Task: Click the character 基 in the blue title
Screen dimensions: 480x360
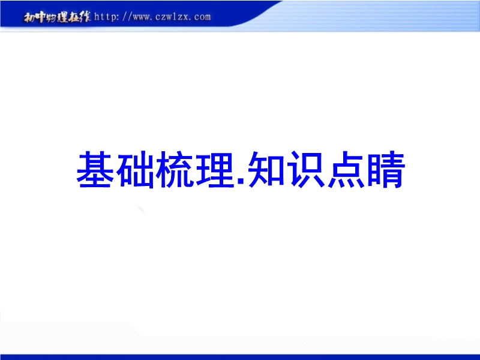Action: point(95,169)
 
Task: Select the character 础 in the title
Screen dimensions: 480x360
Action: point(136,169)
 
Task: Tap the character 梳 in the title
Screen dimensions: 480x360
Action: point(175,169)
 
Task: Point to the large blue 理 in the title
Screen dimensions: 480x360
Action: point(215,169)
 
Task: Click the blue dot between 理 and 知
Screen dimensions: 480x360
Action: point(241,182)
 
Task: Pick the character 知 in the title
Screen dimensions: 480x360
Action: point(266,169)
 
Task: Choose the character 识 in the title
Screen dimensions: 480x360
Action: point(307,169)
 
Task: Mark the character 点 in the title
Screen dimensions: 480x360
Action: point(347,169)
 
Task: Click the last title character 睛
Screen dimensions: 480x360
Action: point(386,169)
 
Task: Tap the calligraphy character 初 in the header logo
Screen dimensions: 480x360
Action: point(29,18)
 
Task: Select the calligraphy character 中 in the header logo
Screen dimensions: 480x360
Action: point(41,17)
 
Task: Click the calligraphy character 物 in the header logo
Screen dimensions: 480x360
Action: point(52,18)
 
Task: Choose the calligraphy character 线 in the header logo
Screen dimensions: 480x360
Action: point(85,17)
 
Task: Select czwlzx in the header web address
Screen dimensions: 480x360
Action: point(172,17)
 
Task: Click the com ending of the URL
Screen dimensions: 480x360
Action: point(202,17)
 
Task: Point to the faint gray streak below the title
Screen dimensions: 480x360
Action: point(141,211)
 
